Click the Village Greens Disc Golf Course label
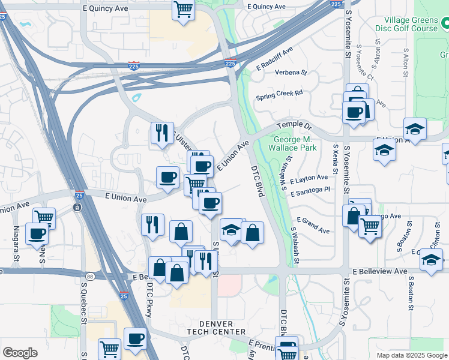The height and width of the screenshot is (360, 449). pos(406,23)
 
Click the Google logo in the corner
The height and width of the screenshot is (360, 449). pos(20,353)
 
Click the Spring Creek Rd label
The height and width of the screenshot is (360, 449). pos(279,94)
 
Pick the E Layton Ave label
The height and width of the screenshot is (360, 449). pos(309,178)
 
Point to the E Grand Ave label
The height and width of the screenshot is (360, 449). pos(313,226)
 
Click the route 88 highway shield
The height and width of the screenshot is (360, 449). pos(89,275)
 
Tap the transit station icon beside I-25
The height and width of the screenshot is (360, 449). pos(77,208)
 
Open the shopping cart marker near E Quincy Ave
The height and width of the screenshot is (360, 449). pos(183,10)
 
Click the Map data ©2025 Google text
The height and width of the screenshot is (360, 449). pos(411,355)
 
